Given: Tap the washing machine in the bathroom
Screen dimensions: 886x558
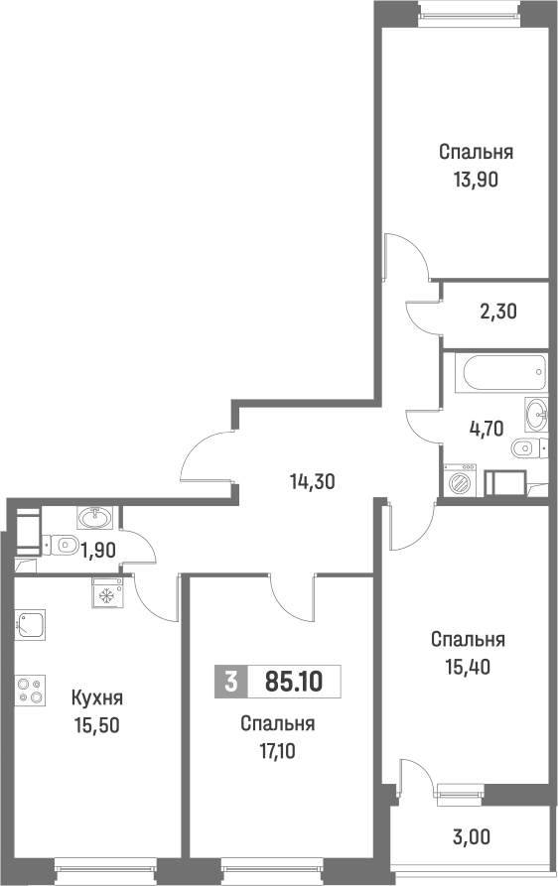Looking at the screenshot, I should (x=462, y=481).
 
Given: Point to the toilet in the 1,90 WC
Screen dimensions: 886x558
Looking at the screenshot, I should (x=63, y=544).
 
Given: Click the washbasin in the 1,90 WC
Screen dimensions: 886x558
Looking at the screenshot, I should (x=96, y=517).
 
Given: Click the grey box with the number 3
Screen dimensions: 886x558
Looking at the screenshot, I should (x=230, y=682).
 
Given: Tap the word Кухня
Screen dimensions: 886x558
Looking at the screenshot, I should (x=97, y=698).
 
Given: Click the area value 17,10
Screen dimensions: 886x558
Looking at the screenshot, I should (x=277, y=750).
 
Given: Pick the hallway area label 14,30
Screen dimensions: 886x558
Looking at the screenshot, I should (x=312, y=482).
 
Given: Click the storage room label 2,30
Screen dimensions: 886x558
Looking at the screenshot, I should (x=497, y=311).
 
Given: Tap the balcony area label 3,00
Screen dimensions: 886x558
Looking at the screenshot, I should (x=471, y=836).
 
